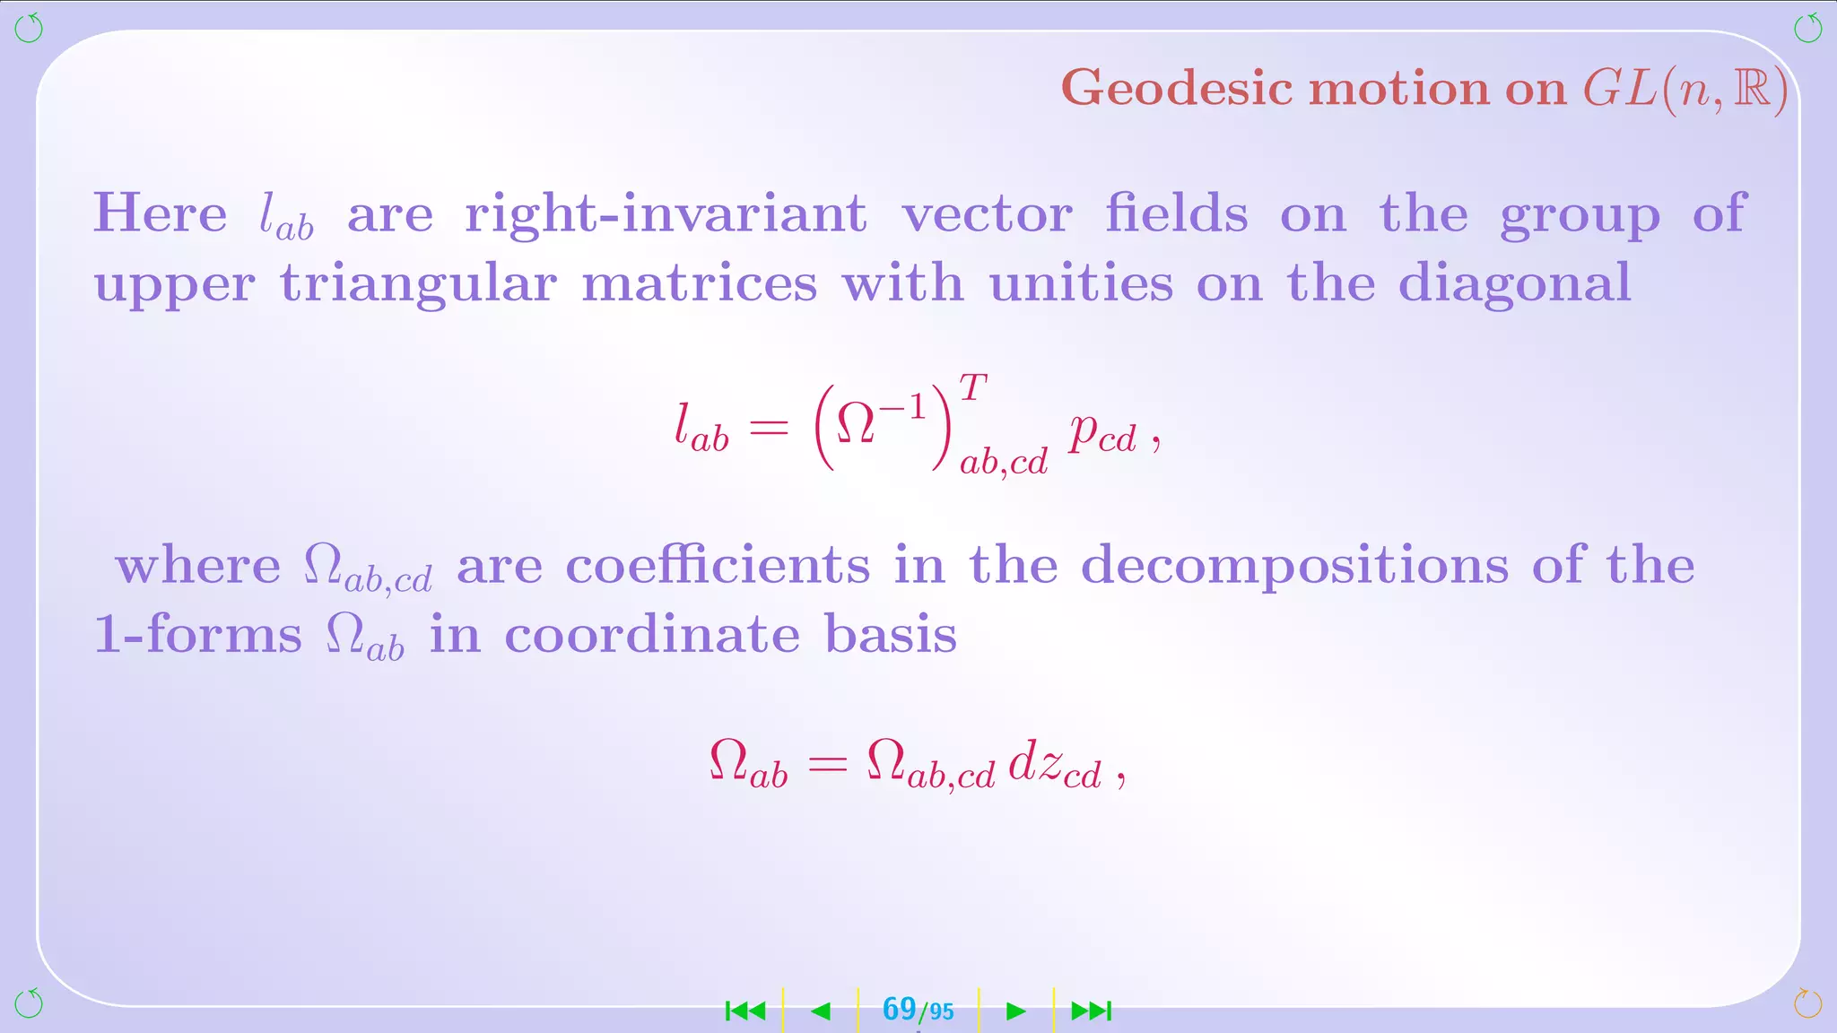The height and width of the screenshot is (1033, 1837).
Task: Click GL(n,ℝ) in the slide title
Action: [1685, 90]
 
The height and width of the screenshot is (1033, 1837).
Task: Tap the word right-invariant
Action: [666, 214]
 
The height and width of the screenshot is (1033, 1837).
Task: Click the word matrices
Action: [700, 284]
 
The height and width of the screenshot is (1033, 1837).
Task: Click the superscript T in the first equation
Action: [972, 388]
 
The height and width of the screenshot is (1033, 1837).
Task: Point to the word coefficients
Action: [718, 566]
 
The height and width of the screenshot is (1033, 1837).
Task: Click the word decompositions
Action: [1294, 568]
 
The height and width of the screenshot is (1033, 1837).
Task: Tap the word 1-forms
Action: [198, 635]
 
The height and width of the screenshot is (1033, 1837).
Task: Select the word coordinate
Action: [652, 635]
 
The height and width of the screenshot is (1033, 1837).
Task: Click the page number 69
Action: [899, 1009]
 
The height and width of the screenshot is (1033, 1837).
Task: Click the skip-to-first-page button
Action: [745, 1011]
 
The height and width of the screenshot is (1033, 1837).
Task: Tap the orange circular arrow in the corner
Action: [1807, 1003]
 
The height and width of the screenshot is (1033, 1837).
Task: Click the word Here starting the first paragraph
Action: [161, 214]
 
